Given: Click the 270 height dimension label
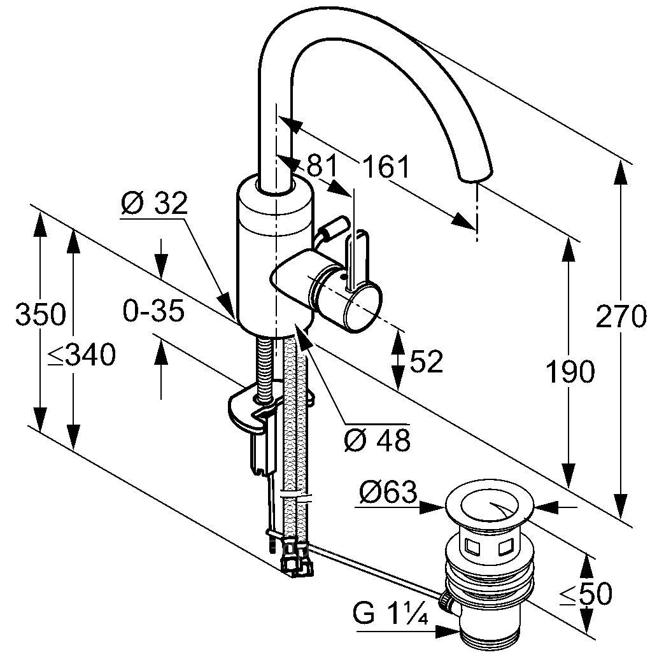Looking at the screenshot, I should point(621,316).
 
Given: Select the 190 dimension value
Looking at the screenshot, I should point(570,372).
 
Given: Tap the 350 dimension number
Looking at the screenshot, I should point(40,315).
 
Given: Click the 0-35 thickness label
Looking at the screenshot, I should point(153,311).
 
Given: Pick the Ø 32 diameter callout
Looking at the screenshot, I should point(154,204).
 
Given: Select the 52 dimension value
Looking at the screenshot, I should point(426,362).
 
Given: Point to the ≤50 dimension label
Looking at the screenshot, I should point(585,594).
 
